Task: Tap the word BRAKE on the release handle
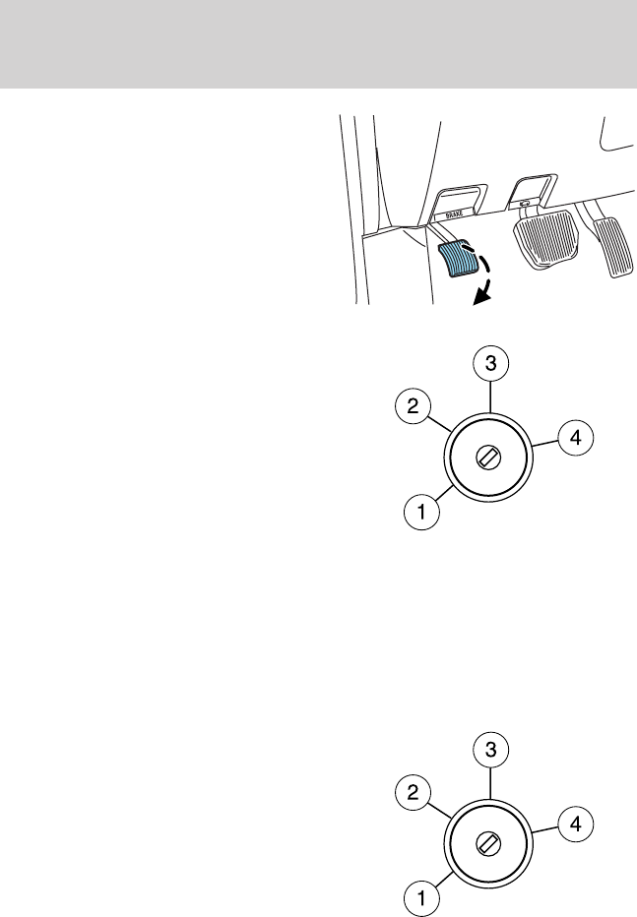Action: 454,212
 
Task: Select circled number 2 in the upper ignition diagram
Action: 413,404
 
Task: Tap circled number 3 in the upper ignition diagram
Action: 489,363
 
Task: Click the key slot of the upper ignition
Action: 489,458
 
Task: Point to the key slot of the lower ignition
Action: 489,842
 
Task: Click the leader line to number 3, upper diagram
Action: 489,397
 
